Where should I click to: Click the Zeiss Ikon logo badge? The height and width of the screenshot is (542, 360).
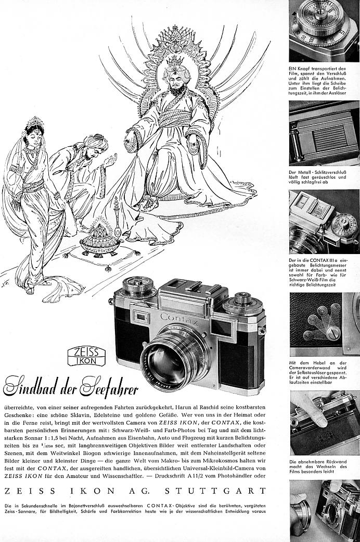pos(87,356)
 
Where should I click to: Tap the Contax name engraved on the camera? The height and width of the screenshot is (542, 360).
pos(180,319)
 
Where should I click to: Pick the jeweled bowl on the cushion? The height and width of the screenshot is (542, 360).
pos(98,242)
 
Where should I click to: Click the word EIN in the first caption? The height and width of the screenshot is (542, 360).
pos(293,69)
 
